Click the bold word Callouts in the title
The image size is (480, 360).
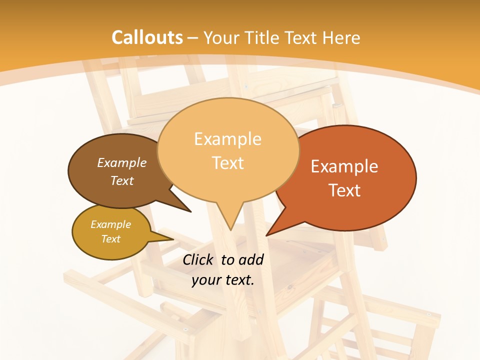point(147,37)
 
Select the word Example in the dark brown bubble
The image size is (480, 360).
point(122,163)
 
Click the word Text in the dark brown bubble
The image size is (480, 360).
point(122,180)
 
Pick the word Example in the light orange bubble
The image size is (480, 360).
point(227,139)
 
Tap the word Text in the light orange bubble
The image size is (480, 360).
point(228,163)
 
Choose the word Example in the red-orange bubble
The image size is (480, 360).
point(344,166)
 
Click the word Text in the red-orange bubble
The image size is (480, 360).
point(344,190)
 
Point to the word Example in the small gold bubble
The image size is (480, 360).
point(110,224)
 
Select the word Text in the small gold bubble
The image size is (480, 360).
point(110,239)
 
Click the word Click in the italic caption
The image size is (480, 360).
point(199,259)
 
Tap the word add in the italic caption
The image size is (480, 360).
point(251,259)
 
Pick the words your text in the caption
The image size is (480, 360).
point(223,280)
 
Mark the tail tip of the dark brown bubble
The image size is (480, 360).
point(190,211)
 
